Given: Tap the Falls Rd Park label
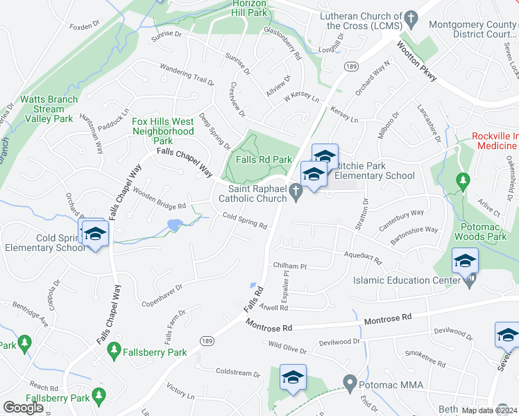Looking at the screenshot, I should [x=264, y=159].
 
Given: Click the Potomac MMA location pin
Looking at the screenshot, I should [x=351, y=382].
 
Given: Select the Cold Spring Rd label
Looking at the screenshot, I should [x=245, y=220].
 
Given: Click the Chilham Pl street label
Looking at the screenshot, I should [x=289, y=266].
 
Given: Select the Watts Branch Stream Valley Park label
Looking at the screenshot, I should [x=46, y=109].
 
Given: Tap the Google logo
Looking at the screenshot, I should [x=23, y=408].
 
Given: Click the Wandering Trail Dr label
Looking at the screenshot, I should [x=187, y=74].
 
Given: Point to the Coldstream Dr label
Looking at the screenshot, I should [x=237, y=372].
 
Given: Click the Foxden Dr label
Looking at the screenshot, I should [x=80, y=27].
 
